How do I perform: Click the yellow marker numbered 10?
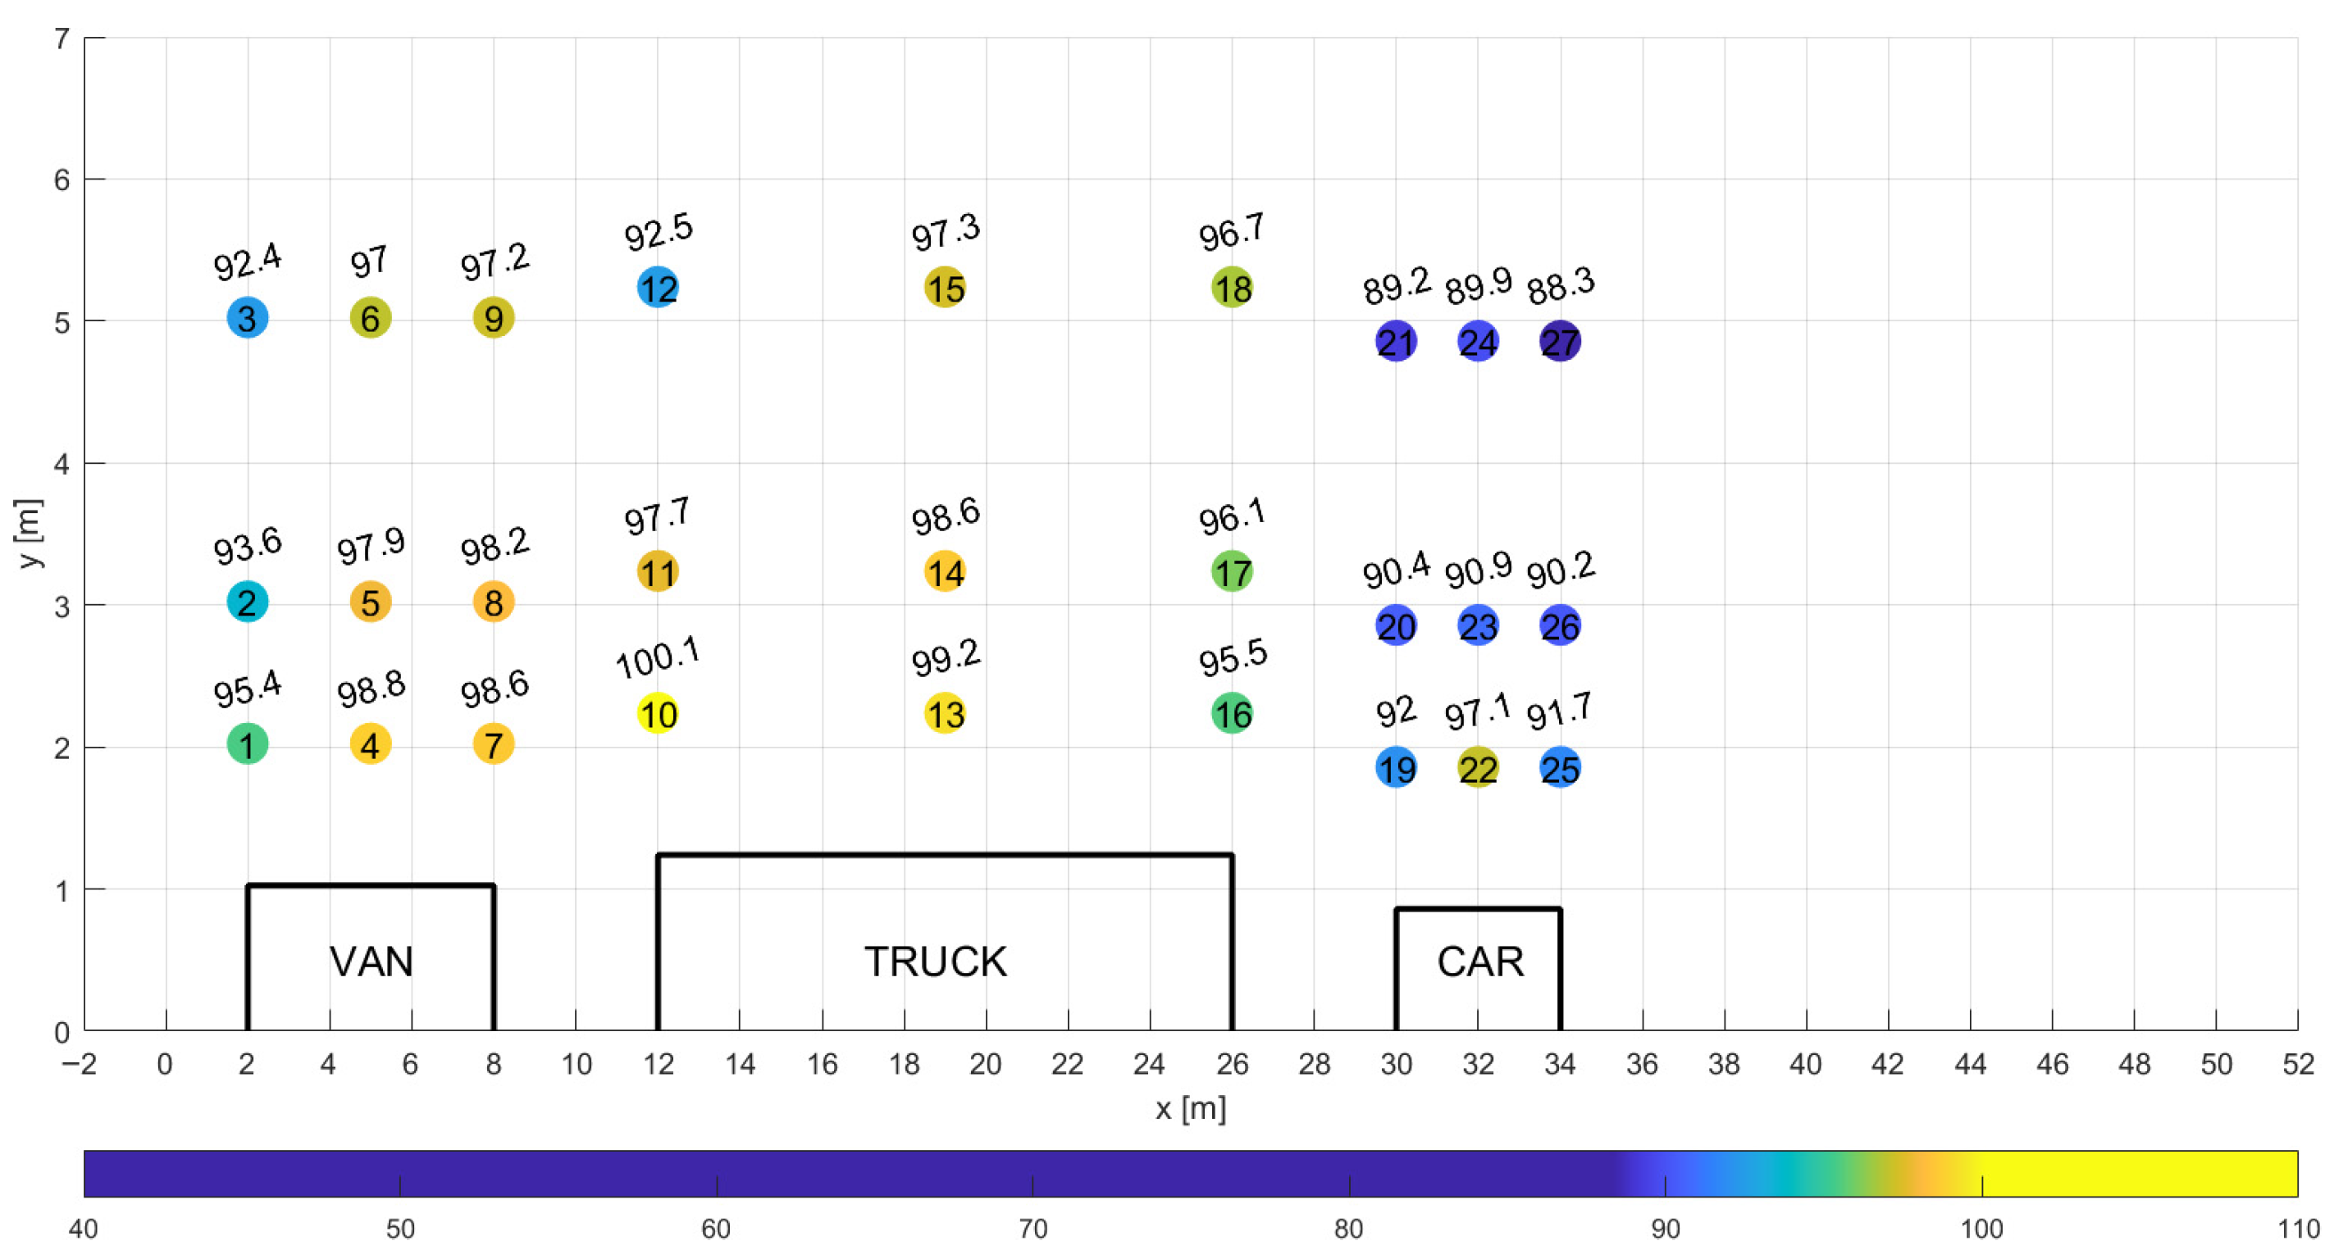pos(658,714)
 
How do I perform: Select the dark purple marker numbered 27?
pos(1560,342)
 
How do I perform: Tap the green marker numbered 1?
pos(247,744)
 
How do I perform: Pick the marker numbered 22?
pos(1478,768)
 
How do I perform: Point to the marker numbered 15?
pos(945,288)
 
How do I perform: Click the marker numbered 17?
pos(1233,571)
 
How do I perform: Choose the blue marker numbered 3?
pos(247,318)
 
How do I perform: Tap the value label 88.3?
pos(1560,285)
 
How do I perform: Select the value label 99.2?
pos(945,657)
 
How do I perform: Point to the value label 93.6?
pos(247,545)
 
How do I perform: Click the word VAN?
pos(371,961)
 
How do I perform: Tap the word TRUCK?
pos(935,961)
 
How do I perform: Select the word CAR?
pos(1479,961)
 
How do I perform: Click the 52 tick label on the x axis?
pos(2298,1063)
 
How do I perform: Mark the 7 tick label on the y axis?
pos(62,39)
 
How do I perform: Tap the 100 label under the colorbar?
pos(1981,1229)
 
